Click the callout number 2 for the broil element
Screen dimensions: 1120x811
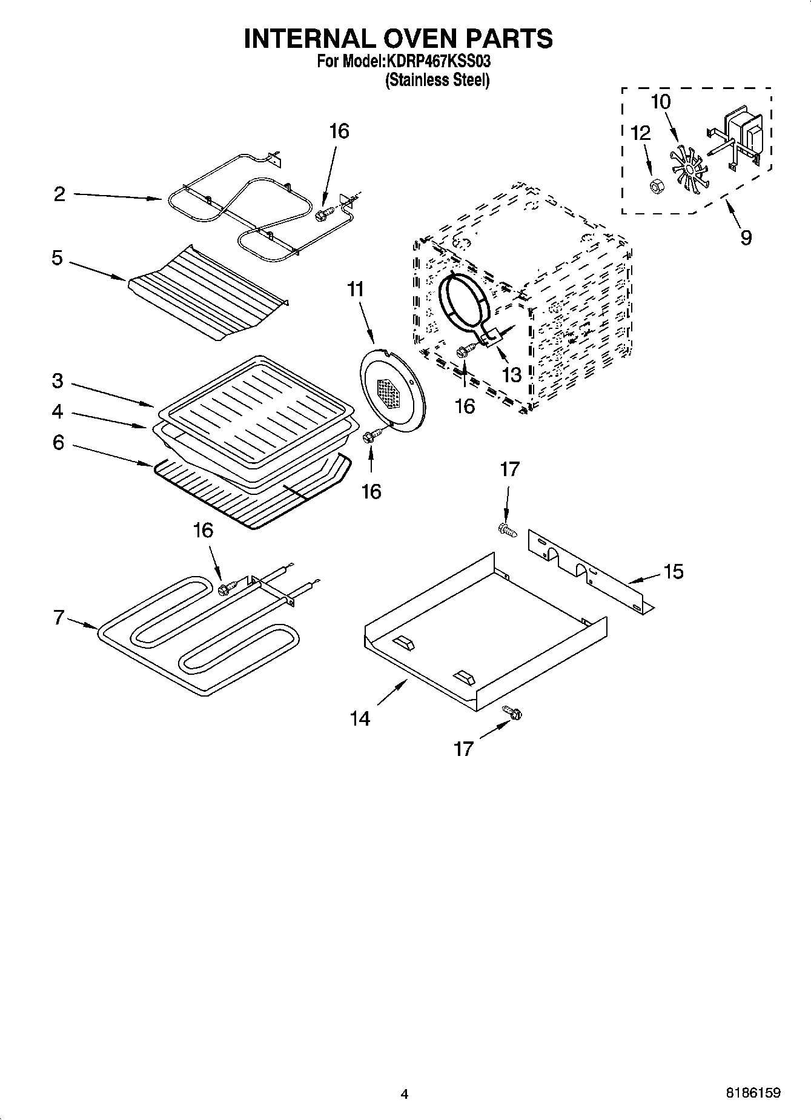(59, 194)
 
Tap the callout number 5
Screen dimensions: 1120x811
(57, 259)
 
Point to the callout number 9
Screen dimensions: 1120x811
(746, 237)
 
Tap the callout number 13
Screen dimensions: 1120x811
(512, 375)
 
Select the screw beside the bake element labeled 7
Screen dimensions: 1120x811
(225, 587)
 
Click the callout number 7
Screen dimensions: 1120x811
(59, 618)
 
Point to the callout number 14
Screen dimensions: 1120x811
(360, 718)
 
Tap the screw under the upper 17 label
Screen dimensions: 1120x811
(506, 530)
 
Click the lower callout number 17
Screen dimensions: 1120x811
(463, 749)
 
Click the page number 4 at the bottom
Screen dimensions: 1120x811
(405, 1094)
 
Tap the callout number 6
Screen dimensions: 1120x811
(58, 443)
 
